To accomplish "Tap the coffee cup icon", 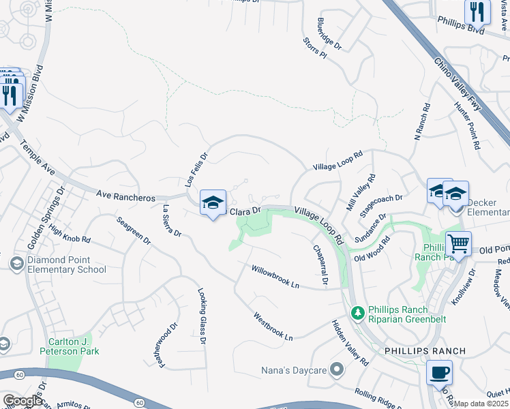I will (439, 373).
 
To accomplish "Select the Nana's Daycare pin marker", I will (335, 370).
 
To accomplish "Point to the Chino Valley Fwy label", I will (457, 81).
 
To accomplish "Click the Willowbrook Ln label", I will (275, 276).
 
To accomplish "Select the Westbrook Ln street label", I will (273, 327).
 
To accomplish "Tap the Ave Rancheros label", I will (126, 194).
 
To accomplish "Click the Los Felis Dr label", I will (196, 170).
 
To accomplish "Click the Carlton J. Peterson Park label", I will (73, 346).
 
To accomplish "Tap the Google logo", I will (22, 401).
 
